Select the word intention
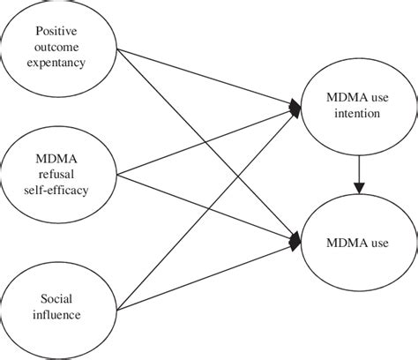[x=358, y=113]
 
